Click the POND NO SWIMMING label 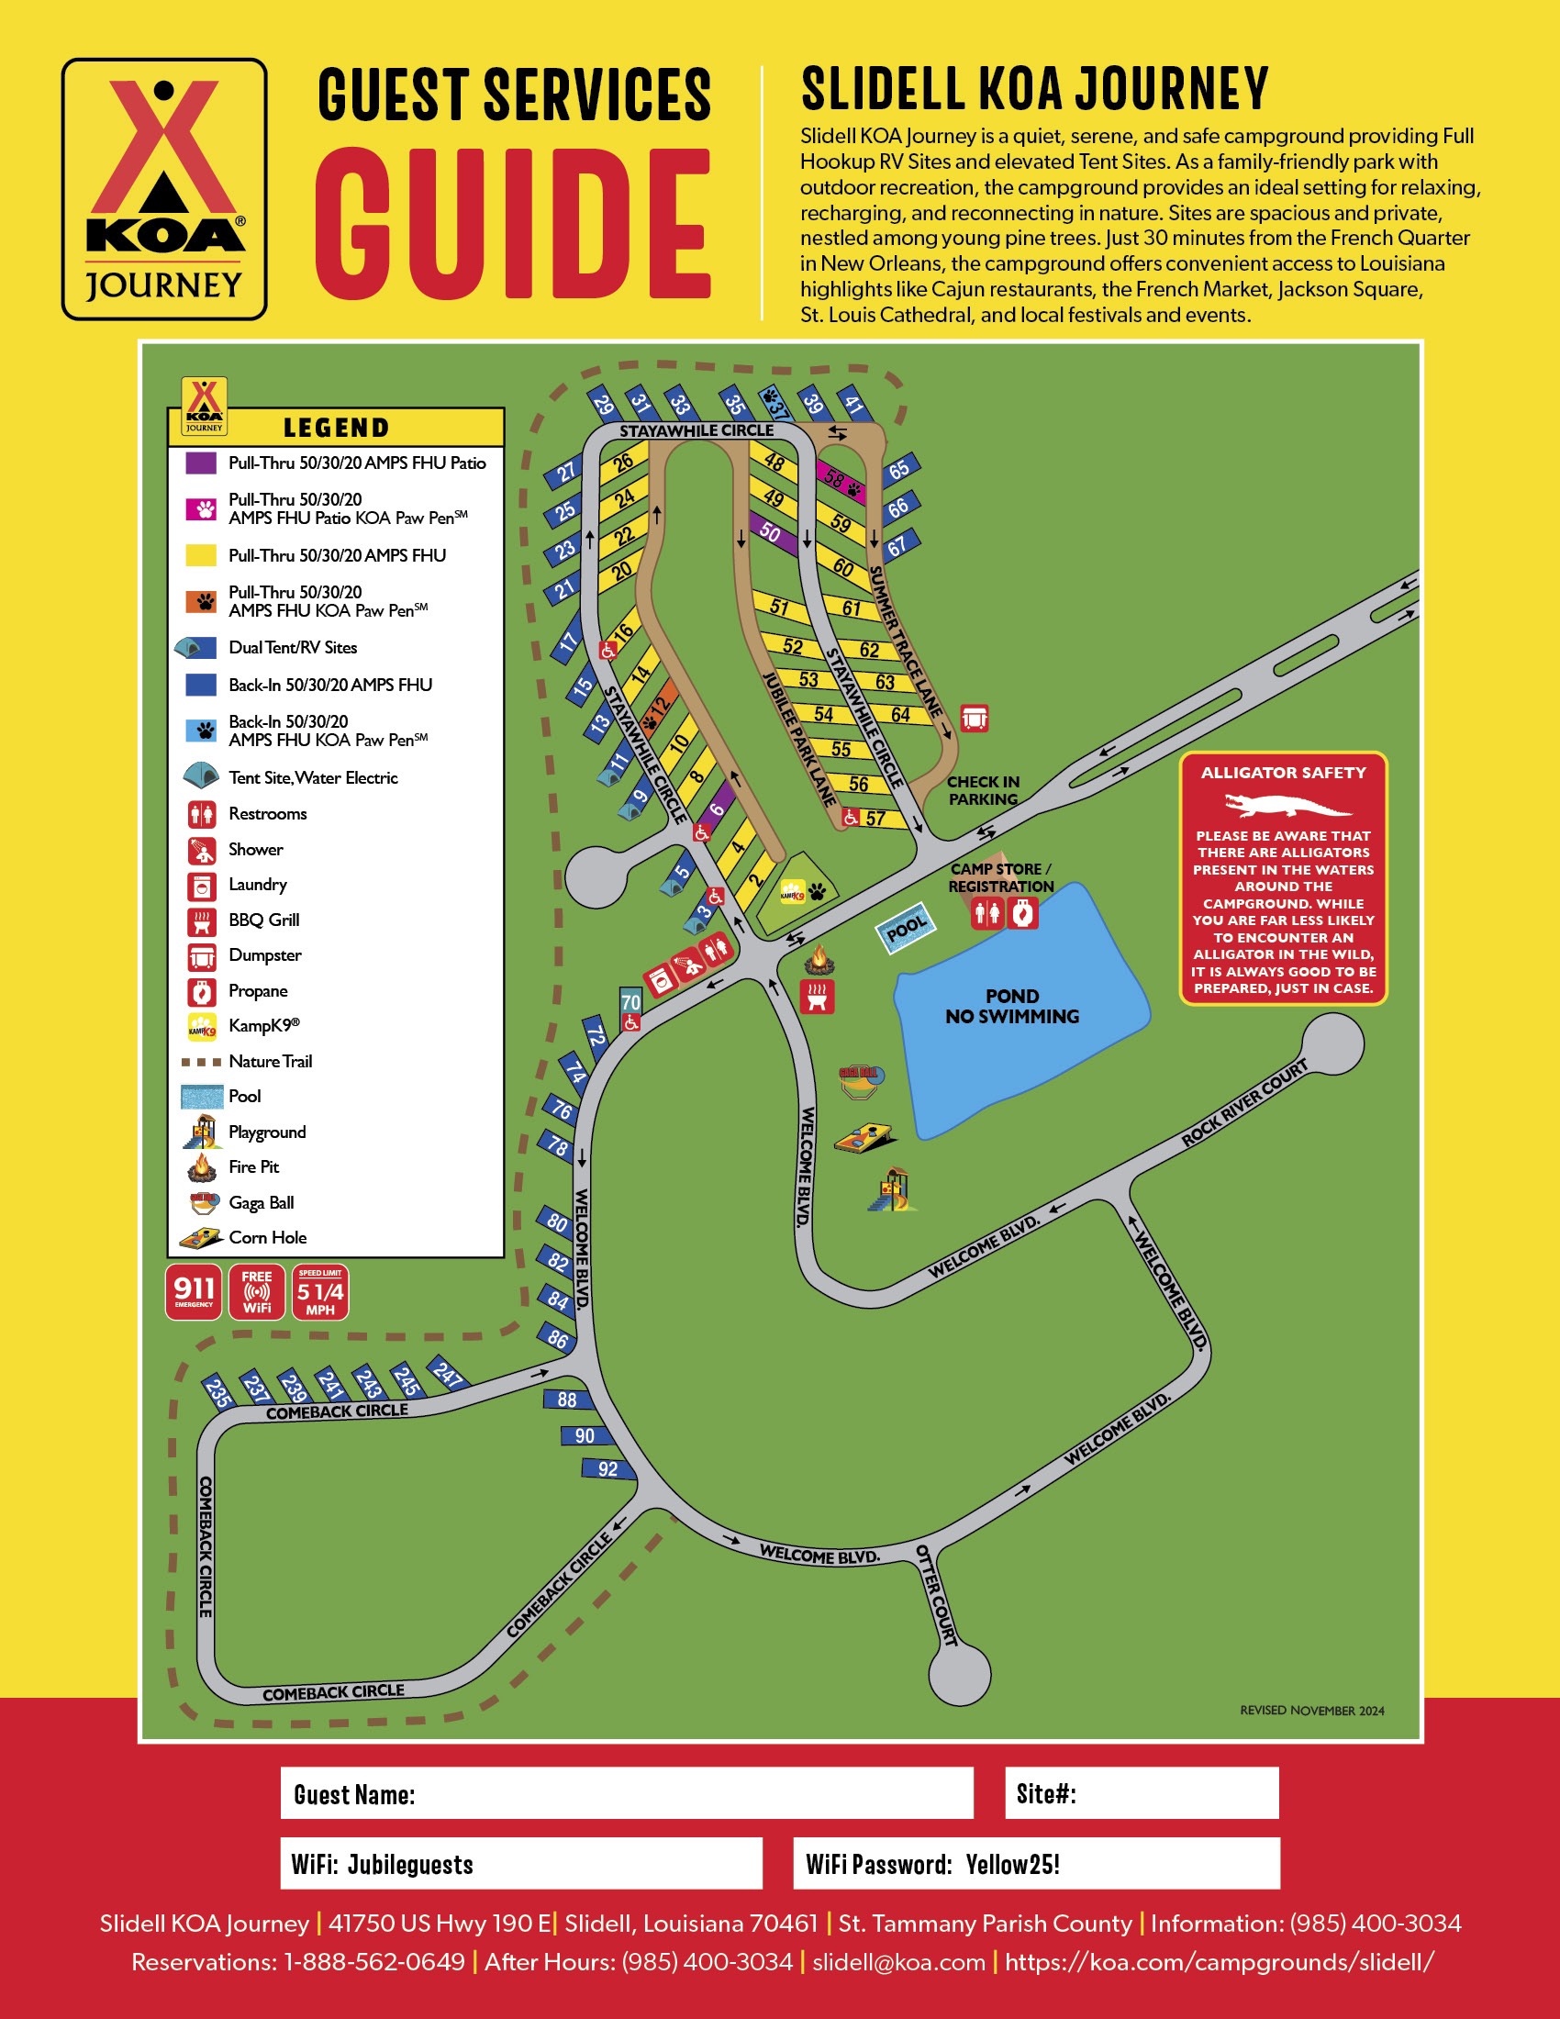tap(1011, 1006)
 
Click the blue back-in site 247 tap(448, 1375)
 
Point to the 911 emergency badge tap(194, 1291)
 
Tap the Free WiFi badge tap(257, 1291)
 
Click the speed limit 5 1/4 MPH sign tap(319, 1291)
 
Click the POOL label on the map tap(906, 926)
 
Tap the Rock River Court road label tap(1244, 1104)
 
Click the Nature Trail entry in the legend tap(270, 1061)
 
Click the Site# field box tap(1142, 1793)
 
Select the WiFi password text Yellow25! tap(1013, 1865)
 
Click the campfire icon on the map tap(819, 961)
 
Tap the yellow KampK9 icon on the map tap(793, 893)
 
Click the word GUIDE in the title tap(513, 224)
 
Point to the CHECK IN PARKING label tap(984, 790)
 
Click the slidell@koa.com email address tap(898, 1962)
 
